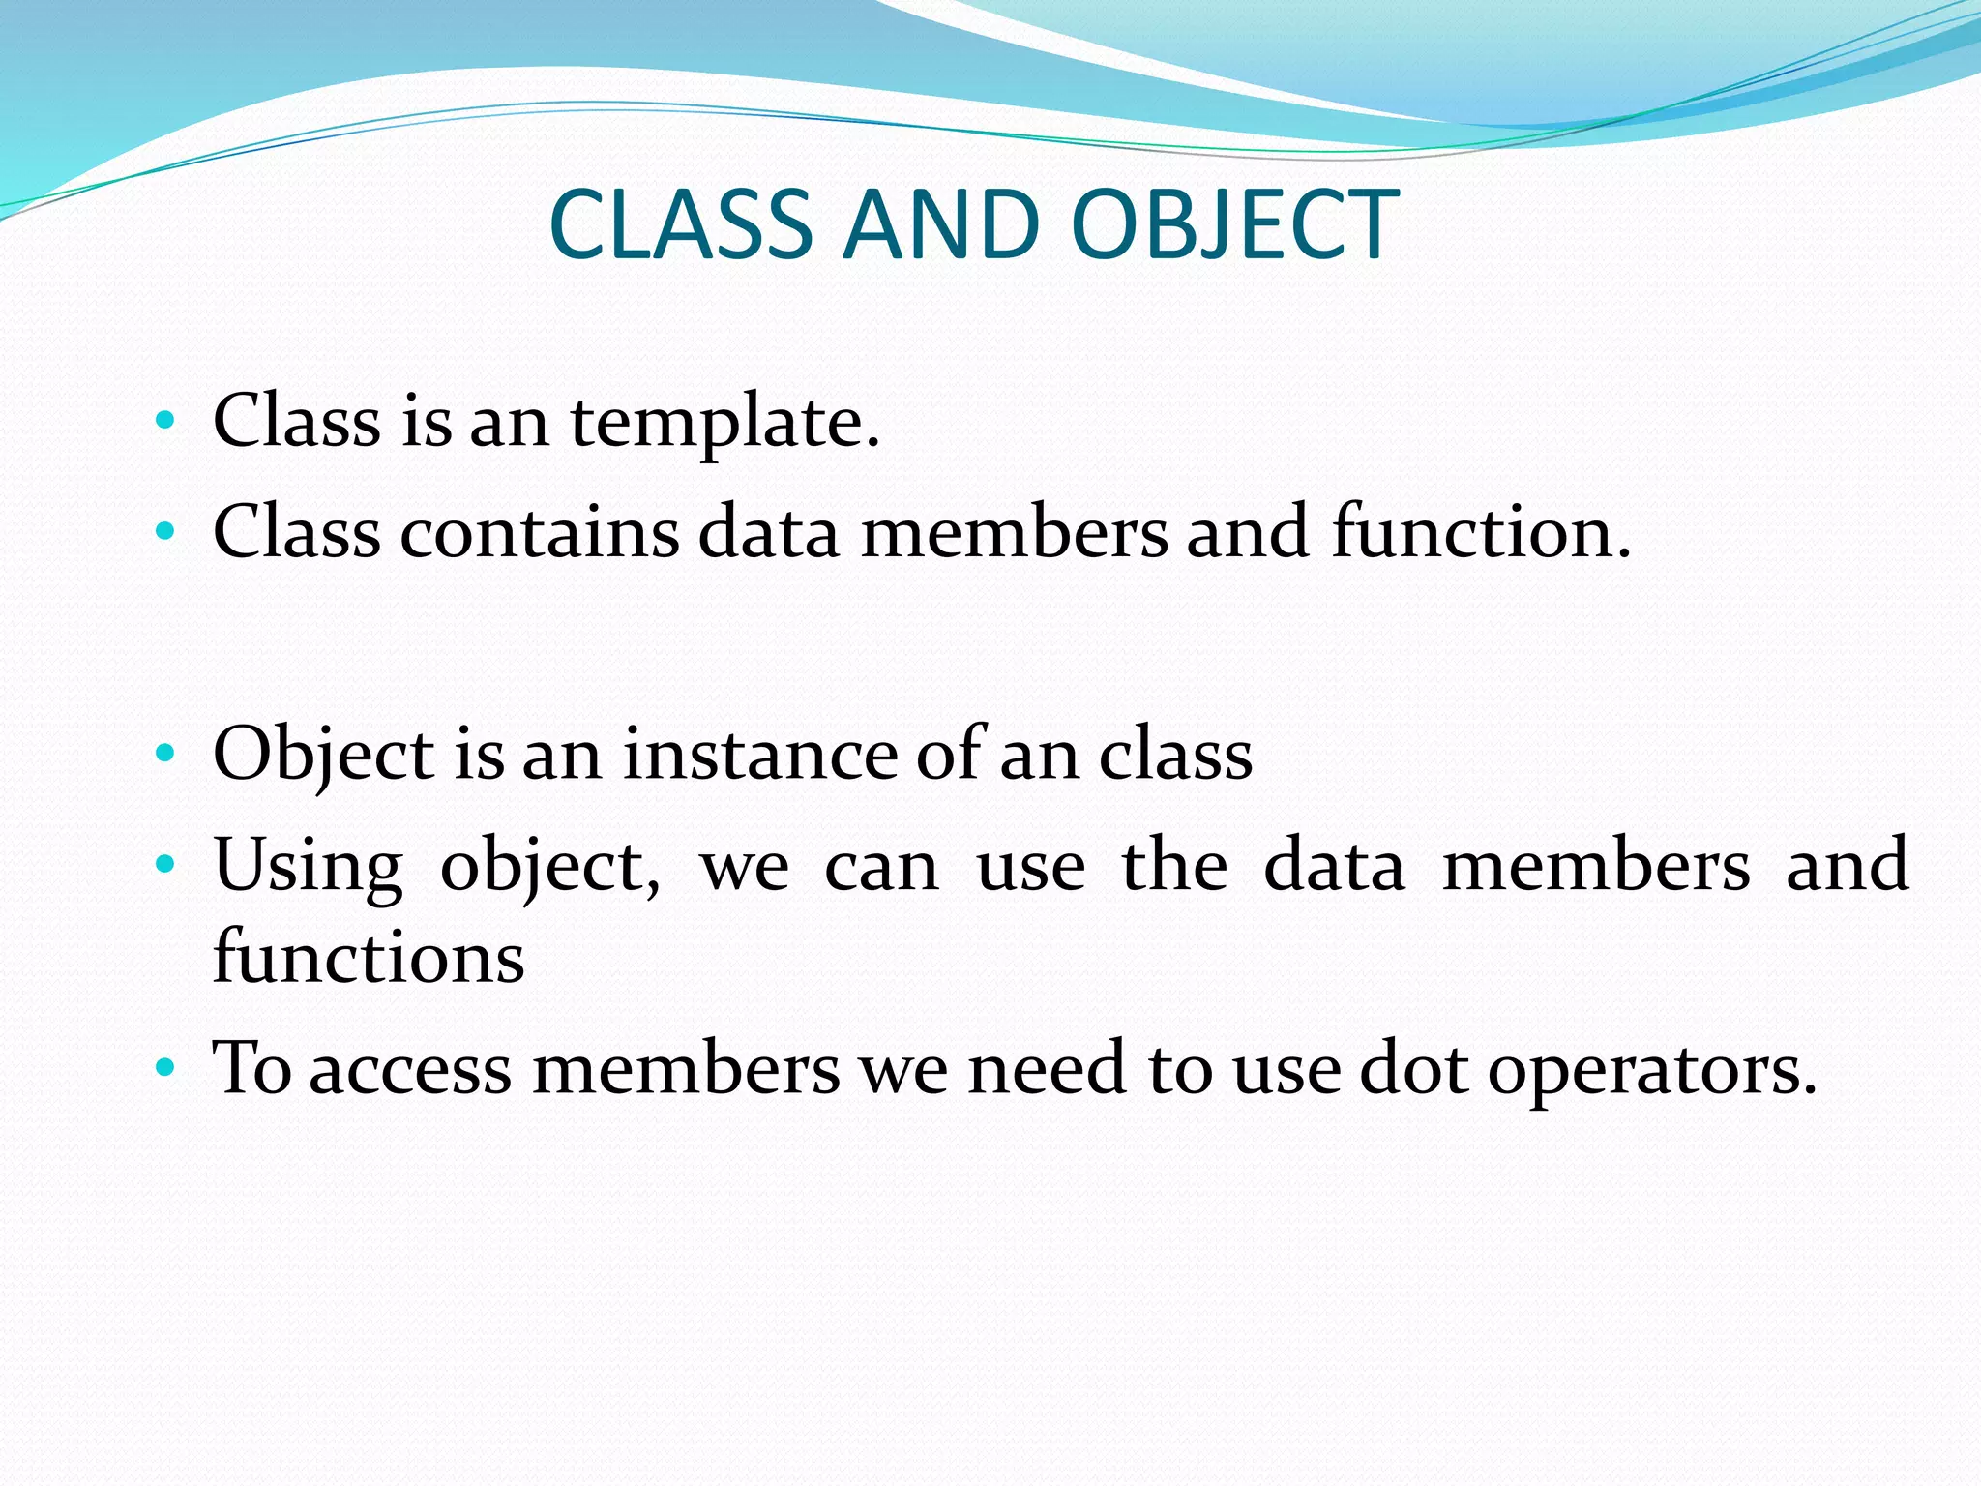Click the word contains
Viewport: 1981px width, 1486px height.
click(540, 533)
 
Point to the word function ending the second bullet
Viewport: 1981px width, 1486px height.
click(1480, 533)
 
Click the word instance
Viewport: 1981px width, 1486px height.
click(760, 755)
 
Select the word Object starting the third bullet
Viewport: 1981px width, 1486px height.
click(323, 755)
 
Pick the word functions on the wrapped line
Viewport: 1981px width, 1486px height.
click(369, 958)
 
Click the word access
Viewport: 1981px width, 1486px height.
click(410, 1070)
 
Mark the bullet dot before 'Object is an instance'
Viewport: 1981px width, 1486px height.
click(165, 752)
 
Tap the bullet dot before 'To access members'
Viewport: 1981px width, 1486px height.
click(165, 1068)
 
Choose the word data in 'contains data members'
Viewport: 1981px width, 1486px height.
click(768, 533)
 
